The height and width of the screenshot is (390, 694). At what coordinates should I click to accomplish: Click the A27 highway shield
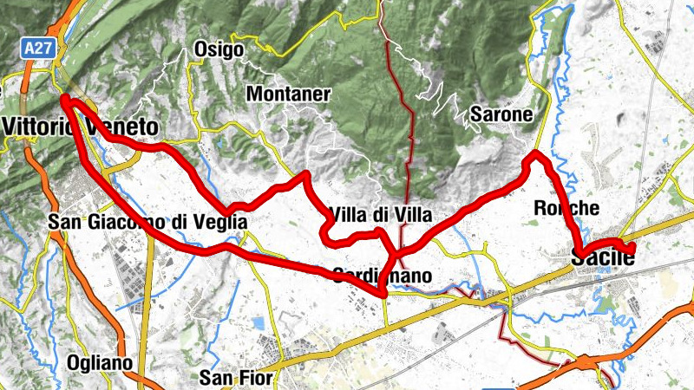36,52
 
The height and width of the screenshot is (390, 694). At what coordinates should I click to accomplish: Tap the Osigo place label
219,50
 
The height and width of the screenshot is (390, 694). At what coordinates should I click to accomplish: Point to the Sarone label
500,114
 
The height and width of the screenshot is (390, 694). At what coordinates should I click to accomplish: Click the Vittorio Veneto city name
80,125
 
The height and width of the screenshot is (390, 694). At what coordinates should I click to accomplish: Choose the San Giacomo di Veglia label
147,223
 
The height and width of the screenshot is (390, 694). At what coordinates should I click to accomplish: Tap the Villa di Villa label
379,215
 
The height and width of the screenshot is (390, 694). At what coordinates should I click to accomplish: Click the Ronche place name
566,208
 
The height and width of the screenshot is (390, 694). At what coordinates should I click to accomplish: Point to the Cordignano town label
382,276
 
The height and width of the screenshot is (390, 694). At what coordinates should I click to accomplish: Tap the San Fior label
236,377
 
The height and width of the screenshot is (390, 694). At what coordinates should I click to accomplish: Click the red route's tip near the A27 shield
65,101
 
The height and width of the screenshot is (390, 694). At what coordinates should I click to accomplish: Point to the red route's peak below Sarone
536,156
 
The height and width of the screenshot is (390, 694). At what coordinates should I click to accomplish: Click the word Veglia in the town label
225,223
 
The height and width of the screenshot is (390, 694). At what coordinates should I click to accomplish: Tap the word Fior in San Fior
256,377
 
